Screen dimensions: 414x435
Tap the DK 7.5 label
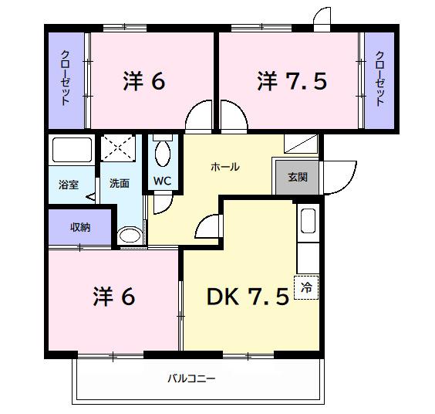coord(247,297)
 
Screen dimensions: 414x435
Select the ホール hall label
coord(225,167)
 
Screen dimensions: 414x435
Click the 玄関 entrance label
coord(298,177)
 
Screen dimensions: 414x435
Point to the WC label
coord(163,181)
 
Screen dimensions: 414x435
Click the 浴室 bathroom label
coord(69,185)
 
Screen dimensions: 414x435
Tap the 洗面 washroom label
coord(119,184)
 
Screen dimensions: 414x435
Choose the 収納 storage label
coord(81,227)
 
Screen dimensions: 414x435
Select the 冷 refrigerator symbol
coord(306,288)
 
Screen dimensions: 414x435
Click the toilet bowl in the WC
coord(162,153)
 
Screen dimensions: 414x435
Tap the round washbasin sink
coord(130,235)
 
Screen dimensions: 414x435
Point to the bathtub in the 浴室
coord(71,150)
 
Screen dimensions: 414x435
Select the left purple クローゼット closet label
coord(66,80)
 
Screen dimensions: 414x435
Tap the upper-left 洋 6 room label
coord(143,81)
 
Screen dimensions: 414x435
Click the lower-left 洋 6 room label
coord(114,297)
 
